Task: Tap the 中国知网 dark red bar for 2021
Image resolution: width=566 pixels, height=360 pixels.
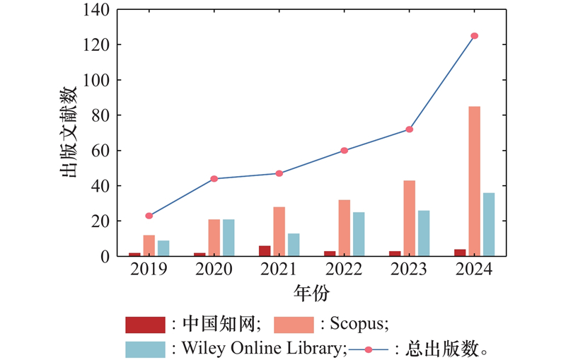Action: pyautogui.click(x=265, y=250)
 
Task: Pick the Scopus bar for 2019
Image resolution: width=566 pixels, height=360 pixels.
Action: pyautogui.click(x=149, y=245)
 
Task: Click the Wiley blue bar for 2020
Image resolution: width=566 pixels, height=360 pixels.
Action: pyautogui.click(x=229, y=238)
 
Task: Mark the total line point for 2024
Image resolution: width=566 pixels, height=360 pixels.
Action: pyautogui.click(x=474, y=35)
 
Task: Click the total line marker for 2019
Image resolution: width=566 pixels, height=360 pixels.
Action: pyautogui.click(x=149, y=216)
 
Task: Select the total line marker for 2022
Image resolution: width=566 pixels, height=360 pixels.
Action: pyautogui.click(x=345, y=150)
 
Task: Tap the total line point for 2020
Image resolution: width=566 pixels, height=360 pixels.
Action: pyautogui.click(x=214, y=178)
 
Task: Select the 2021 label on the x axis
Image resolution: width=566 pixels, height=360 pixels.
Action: pyautogui.click(x=279, y=269)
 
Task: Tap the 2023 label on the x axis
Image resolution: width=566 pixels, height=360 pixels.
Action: pyautogui.click(x=409, y=269)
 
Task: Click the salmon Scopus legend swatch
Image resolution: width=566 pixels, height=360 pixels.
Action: pyautogui.click(x=293, y=325)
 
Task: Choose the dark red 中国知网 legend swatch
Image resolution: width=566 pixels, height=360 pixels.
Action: pyautogui.click(x=145, y=325)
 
